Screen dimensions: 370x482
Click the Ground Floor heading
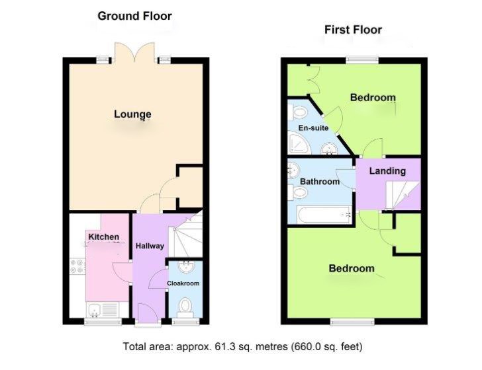(x=134, y=16)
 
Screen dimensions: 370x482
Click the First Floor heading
(x=352, y=30)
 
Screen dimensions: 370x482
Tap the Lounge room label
(x=132, y=114)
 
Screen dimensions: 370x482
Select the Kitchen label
(x=103, y=237)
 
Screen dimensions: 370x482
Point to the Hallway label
(x=150, y=246)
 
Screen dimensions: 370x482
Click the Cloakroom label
(x=183, y=283)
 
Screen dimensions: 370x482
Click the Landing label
(x=387, y=171)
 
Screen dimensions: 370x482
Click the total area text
(x=242, y=346)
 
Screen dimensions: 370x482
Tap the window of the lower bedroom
(x=350, y=322)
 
